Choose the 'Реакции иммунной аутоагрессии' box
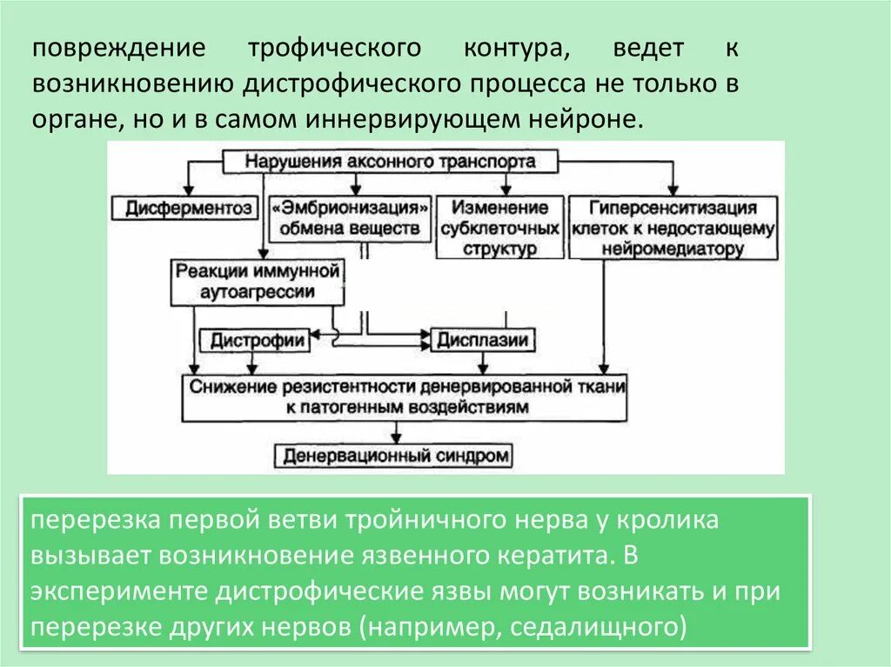258,281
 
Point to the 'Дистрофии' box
256,339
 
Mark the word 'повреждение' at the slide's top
119,49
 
